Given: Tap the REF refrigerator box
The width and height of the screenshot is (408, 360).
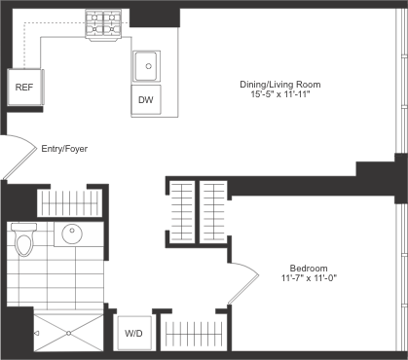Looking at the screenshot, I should point(22,87).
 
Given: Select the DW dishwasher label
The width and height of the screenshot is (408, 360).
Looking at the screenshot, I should point(147,99).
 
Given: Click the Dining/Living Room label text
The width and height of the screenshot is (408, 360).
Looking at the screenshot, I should point(280,86).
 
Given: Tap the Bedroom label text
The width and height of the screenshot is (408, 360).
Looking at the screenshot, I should point(308,268).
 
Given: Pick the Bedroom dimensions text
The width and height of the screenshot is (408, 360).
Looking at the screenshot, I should point(308,278).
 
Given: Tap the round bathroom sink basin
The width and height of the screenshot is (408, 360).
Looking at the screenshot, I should point(72,234).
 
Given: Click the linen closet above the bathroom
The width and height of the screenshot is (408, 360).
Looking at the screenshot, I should point(69,202).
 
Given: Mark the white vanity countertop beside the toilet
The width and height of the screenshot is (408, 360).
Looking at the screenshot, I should point(89,234).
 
